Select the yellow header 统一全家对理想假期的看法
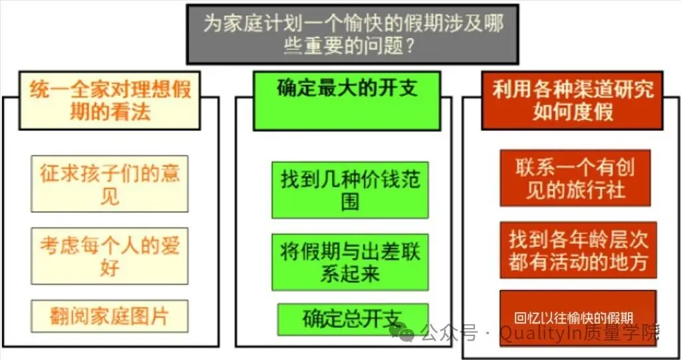[x=110, y=100]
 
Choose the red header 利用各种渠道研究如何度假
[x=572, y=100]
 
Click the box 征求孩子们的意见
[x=110, y=184]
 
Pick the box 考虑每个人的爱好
[x=110, y=256]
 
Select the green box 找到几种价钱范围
[x=350, y=190]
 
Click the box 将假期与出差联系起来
[x=350, y=262]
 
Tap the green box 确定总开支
[x=352, y=318]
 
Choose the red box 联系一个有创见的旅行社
[x=575, y=178]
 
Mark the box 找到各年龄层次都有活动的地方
[x=578, y=250]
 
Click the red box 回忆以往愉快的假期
[x=577, y=318]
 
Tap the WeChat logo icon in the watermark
[x=402, y=331]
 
